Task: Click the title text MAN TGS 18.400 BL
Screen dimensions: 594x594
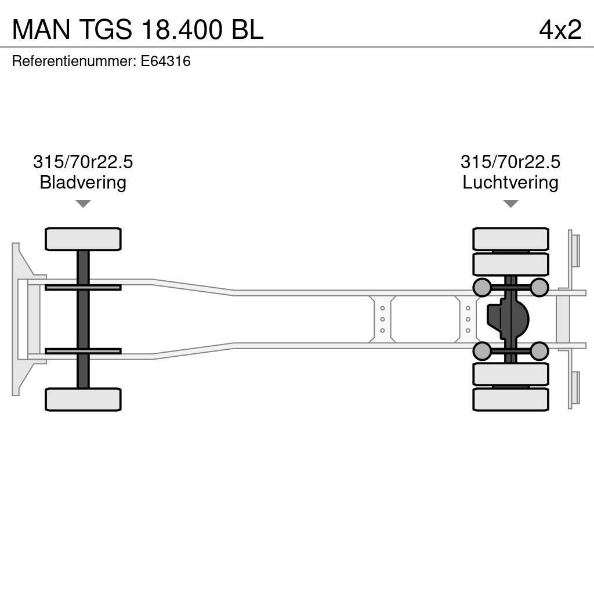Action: (137, 29)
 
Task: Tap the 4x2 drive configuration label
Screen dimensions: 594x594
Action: (560, 29)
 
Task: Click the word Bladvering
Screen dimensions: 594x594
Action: (83, 183)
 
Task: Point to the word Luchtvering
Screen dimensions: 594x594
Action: (510, 183)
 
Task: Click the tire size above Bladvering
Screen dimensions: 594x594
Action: (83, 162)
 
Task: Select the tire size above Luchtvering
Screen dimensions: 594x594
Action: (510, 162)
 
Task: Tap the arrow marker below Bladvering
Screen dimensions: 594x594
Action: (83, 204)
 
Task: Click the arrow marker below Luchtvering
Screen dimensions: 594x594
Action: (510, 204)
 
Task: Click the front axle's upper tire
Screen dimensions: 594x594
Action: (83, 239)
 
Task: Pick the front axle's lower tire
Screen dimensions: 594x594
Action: (83, 400)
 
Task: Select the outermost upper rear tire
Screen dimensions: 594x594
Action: (510, 239)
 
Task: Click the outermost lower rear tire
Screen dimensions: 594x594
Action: (510, 400)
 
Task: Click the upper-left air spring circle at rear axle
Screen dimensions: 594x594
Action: (482, 287)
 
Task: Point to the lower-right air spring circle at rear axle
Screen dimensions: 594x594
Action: (539, 351)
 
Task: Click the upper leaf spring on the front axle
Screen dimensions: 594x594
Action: (83, 288)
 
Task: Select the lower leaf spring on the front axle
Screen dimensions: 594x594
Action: (83, 351)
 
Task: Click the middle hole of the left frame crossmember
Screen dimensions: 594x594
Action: (382, 319)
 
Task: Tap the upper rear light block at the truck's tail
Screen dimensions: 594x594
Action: (574, 249)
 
